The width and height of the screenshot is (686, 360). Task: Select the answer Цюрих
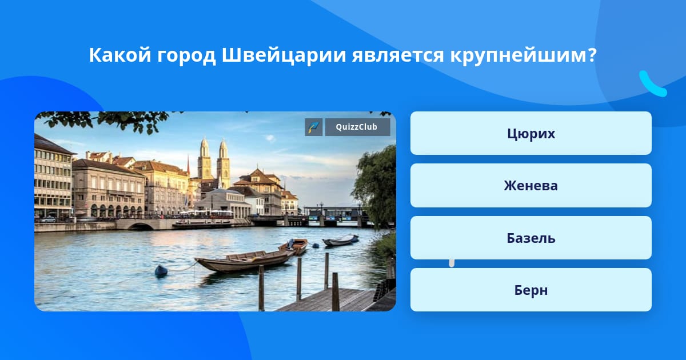tap(531, 133)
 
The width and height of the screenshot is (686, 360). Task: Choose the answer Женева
tap(531, 186)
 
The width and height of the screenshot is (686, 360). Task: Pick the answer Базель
tap(531, 238)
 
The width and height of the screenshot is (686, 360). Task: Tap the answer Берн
tap(531, 290)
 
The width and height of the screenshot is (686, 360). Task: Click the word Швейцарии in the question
tap(284, 55)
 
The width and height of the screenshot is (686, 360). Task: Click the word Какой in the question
tap(119, 55)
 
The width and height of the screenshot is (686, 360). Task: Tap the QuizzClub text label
tap(357, 127)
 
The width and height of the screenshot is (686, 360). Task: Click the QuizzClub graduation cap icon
tap(314, 127)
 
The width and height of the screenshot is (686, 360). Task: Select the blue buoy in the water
tap(161, 271)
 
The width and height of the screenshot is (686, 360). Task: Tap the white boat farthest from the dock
tap(340, 240)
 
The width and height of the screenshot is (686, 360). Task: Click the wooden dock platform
tap(331, 300)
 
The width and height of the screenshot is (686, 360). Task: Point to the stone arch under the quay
tap(141, 226)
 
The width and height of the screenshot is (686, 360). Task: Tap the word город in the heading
tap(186, 56)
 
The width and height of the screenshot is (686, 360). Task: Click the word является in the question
tap(398, 56)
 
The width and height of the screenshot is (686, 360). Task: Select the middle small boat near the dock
tap(294, 246)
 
